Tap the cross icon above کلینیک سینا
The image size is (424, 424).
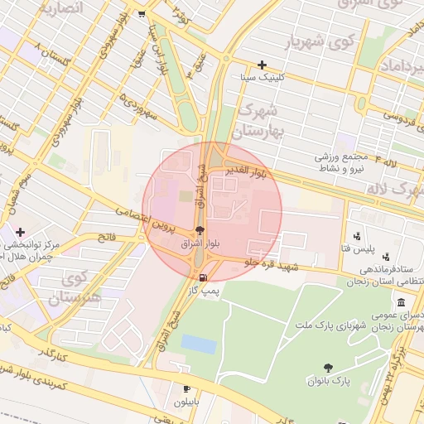click(x=263, y=65)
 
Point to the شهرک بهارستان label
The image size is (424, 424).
click(x=260, y=120)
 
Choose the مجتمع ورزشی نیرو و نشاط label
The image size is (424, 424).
click(x=345, y=161)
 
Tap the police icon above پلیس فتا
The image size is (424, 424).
click(x=358, y=236)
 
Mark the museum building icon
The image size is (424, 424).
click(x=402, y=301)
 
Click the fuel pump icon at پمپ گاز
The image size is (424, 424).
click(x=201, y=277)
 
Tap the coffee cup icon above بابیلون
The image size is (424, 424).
click(x=186, y=388)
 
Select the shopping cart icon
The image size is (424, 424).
click(x=142, y=13)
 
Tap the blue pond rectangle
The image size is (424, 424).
click(x=199, y=344)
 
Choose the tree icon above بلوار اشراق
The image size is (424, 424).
click(x=199, y=231)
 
